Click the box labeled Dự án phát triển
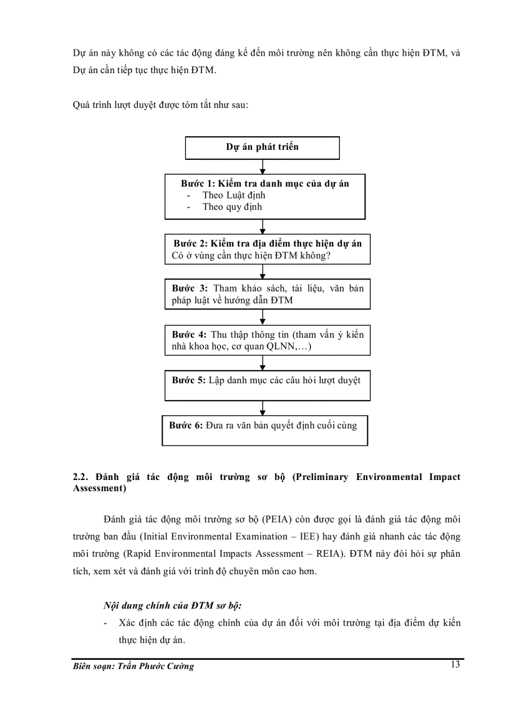[x=262, y=147]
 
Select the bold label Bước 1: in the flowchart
[x=198, y=184]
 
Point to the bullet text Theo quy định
[x=232, y=207]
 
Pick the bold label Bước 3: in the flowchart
[x=190, y=288]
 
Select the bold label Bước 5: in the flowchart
[x=189, y=380]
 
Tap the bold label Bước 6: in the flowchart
[x=186, y=425]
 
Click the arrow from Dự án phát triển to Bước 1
[x=263, y=167]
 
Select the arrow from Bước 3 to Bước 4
[x=263, y=316]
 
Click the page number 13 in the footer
[x=455, y=664]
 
